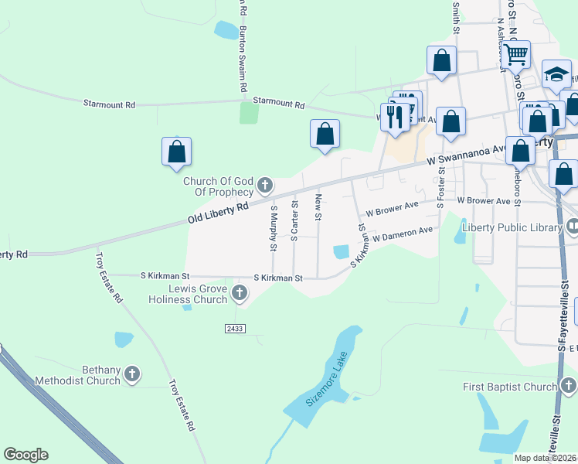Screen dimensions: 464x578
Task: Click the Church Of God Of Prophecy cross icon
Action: click(265, 185)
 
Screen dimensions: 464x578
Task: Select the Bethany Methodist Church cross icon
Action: click(132, 374)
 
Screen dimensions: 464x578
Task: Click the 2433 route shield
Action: click(236, 329)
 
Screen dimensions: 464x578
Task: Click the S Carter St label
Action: click(294, 221)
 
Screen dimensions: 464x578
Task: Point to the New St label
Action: click(318, 207)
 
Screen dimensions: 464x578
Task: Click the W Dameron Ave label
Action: click(403, 234)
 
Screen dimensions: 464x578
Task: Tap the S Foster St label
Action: click(440, 189)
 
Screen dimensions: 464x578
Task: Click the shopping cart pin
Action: click(515, 55)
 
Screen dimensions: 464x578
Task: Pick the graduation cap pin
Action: click(556, 74)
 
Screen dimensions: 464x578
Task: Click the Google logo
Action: click(25, 455)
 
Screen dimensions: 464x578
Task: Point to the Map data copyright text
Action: click(546, 458)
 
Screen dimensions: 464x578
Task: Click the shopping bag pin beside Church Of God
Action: click(176, 152)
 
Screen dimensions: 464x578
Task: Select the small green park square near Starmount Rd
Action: click(249, 113)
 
